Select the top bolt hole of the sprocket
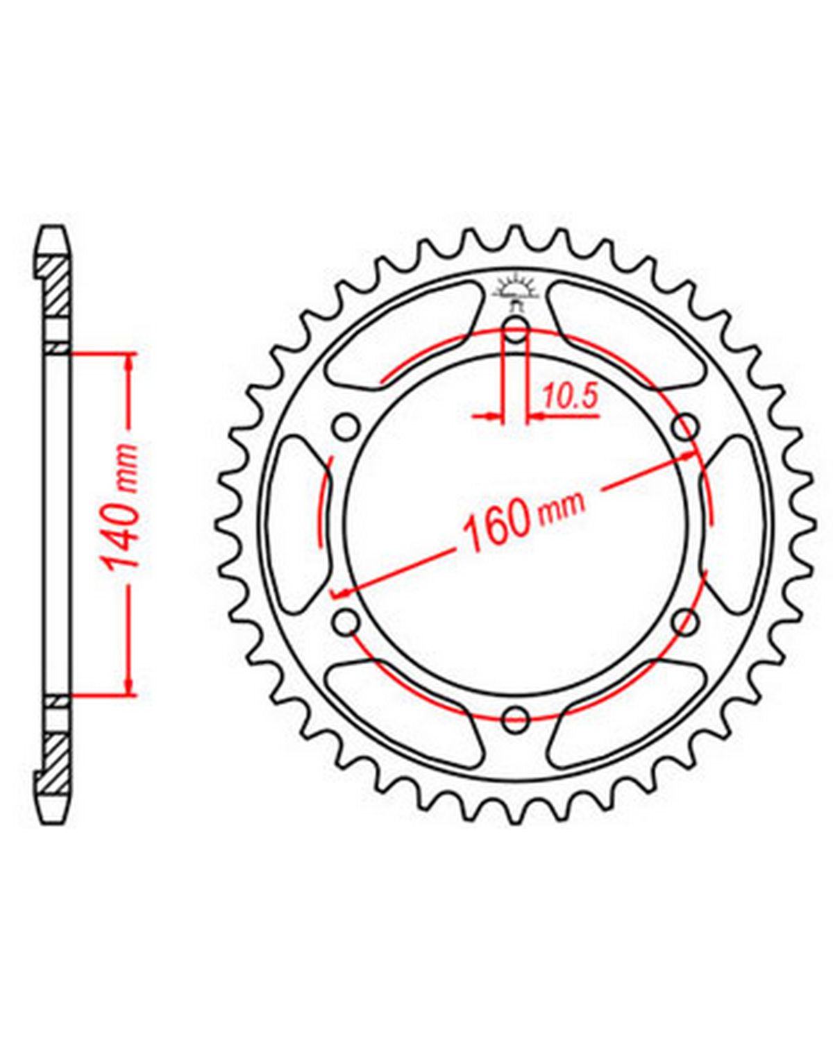[x=515, y=331]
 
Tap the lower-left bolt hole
[x=346, y=623]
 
